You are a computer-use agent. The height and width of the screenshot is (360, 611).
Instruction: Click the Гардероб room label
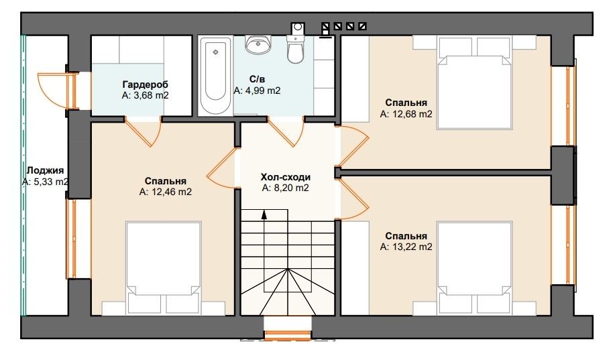[x=146, y=84]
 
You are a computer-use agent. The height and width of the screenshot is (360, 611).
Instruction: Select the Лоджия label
[x=45, y=171]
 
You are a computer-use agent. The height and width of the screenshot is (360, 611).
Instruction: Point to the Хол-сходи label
[x=286, y=177]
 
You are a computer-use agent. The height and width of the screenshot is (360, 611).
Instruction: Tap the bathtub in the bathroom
[x=215, y=76]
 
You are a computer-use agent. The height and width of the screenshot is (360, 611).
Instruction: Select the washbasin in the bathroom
[x=258, y=44]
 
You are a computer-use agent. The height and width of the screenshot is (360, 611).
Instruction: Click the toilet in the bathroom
[x=296, y=44]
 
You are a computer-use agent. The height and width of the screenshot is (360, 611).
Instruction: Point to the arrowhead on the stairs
[x=264, y=215]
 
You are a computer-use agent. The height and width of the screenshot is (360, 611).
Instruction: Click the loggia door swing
[x=56, y=90]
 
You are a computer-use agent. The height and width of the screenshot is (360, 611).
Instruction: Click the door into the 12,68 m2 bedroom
[x=352, y=145]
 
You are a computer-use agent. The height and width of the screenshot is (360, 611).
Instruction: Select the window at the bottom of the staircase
[x=288, y=335]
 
